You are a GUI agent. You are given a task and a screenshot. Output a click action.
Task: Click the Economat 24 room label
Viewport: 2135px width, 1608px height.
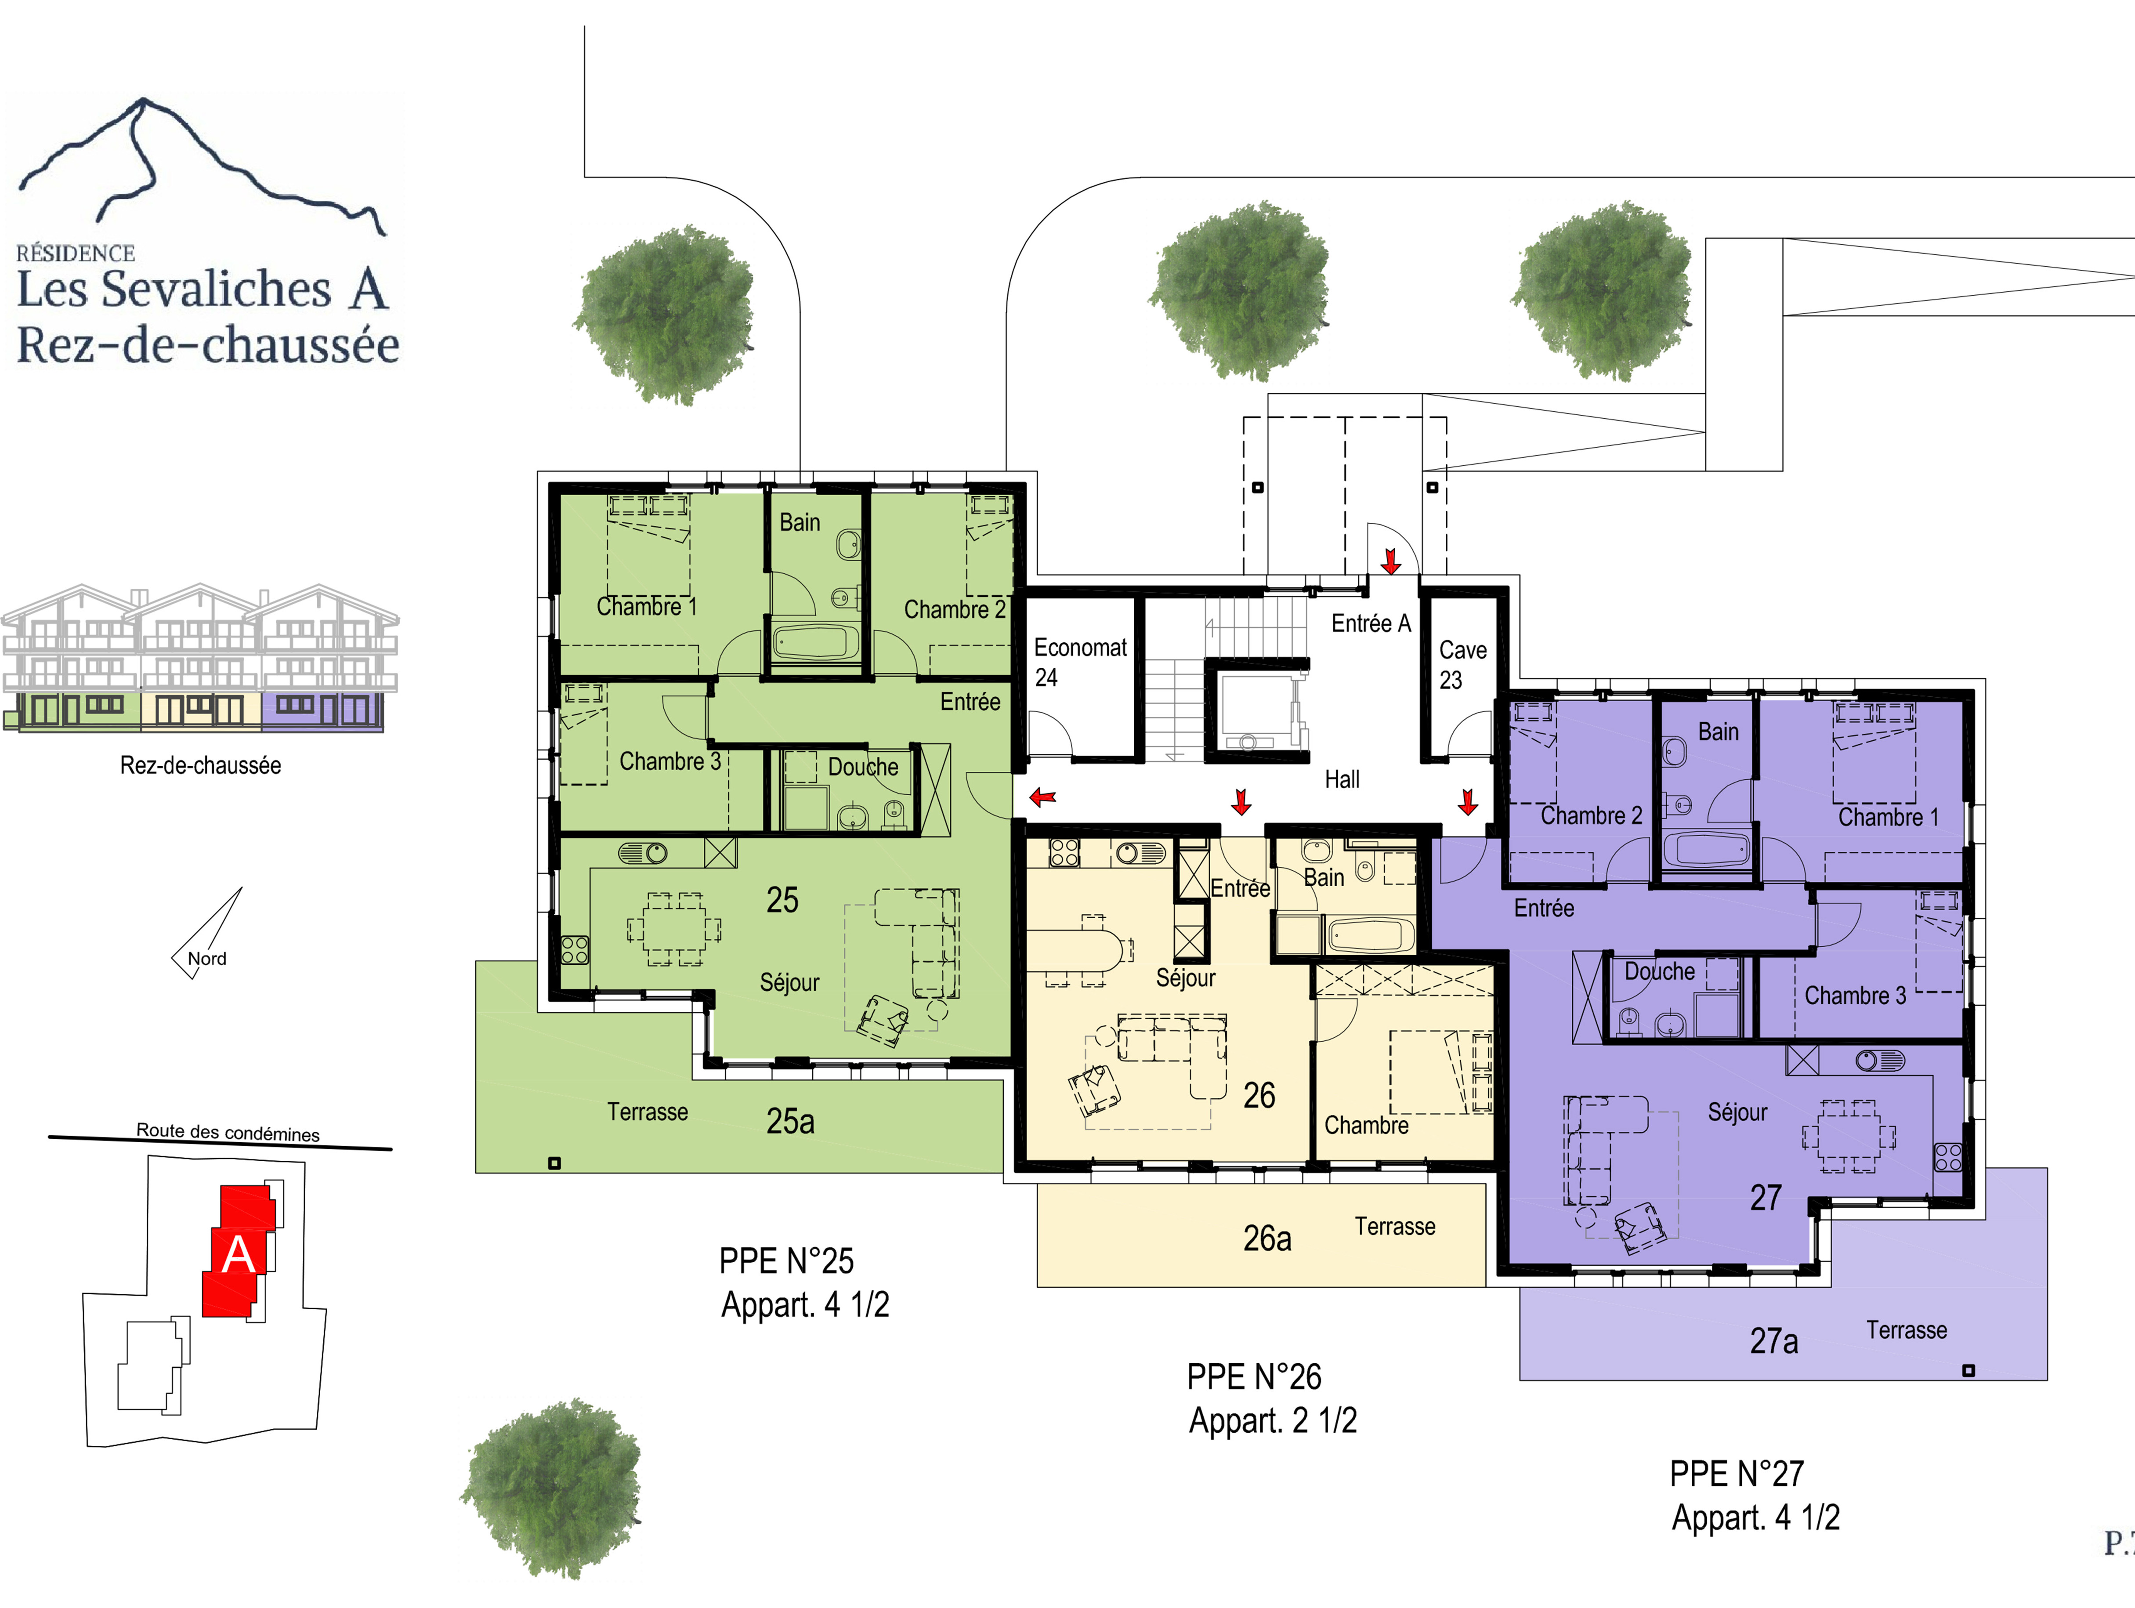click(x=1080, y=662)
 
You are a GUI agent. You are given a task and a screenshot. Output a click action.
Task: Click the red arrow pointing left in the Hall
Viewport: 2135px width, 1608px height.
click(x=1042, y=797)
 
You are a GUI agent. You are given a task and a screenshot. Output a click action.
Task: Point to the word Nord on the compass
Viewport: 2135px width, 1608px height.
click(x=206, y=959)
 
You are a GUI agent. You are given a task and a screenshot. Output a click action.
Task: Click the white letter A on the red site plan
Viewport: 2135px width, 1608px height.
click(x=239, y=1254)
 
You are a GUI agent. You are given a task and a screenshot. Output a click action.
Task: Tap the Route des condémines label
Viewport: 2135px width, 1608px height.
click(x=228, y=1132)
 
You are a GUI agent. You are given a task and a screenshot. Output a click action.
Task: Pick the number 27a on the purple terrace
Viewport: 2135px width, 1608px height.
click(x=1774, y=1340)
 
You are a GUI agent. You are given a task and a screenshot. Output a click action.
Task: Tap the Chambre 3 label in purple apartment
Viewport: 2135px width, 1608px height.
click(x=1855, y=995)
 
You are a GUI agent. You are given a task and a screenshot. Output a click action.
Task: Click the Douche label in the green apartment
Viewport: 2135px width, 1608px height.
click(x=863, y=768)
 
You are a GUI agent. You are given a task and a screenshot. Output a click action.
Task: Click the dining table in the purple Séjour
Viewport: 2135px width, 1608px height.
click(x=1848, y=1136)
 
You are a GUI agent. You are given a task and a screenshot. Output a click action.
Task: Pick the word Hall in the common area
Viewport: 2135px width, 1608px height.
click(x=1342, y=779)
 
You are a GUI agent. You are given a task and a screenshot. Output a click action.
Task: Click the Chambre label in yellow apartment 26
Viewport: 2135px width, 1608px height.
click(x=1366, y=1126)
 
